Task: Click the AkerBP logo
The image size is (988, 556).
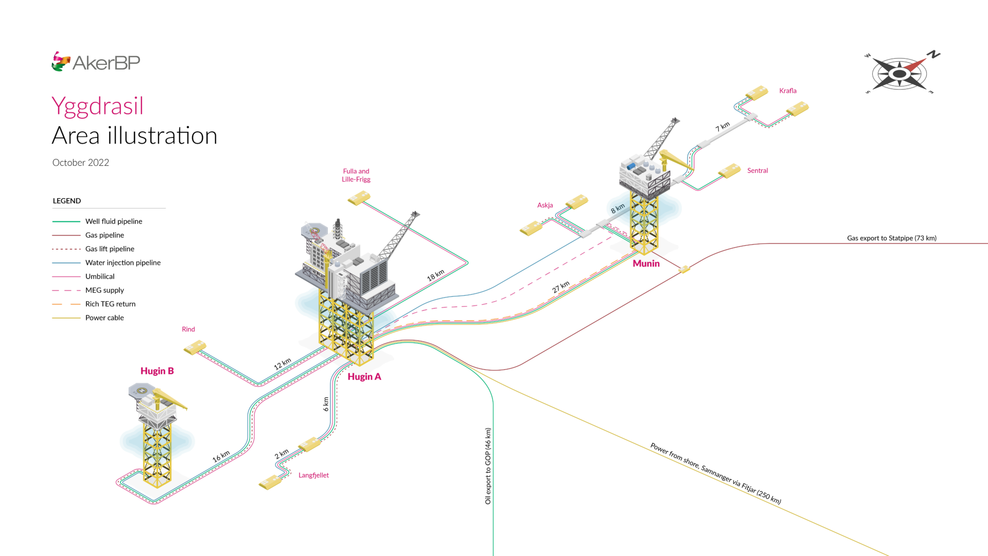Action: [96, 62]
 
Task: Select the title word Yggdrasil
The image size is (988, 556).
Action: [97, 106]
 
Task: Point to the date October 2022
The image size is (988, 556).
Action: [81, 163]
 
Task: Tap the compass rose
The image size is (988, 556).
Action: [900, 74]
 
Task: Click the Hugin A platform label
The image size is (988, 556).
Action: [364, 377]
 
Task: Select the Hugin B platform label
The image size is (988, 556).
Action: [157, 371]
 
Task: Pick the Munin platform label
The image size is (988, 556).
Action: [646, 264]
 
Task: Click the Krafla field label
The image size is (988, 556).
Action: [787, 91]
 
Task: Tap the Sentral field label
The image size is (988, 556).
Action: [757, 171]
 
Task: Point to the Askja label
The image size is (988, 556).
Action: [545, 205]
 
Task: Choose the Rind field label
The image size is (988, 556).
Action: [188, 329]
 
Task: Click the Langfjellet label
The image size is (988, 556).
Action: [313, 476]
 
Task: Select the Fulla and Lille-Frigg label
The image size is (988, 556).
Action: [356, 176]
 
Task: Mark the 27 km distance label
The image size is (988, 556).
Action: [561, 287]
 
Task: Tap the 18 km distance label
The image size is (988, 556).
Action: [435, 275]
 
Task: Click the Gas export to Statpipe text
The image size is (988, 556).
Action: [891, 238]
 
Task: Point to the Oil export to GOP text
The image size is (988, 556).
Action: [488, 466]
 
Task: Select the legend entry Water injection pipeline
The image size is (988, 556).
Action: [123, 263]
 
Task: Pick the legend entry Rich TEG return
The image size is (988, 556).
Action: [110, 304]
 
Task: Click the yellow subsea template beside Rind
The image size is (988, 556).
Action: [195, 348]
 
